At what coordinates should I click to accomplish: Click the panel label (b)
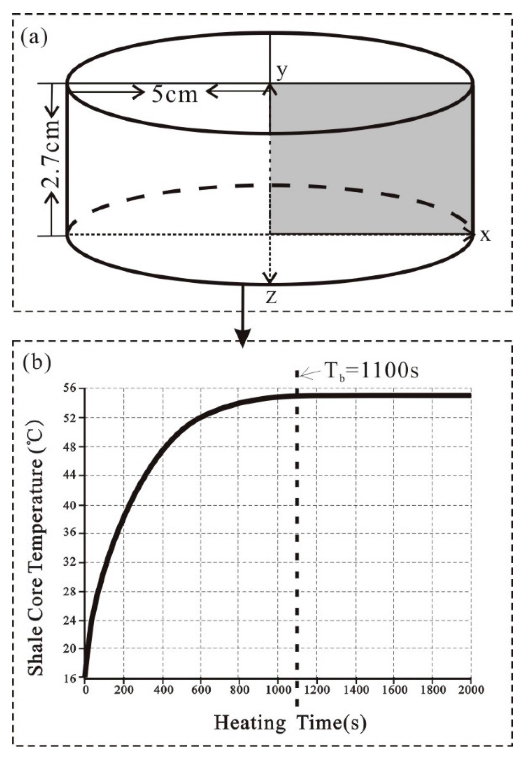(37, 364)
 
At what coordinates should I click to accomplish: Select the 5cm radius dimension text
(175, 95)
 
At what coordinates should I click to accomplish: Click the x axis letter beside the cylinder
(485, 235)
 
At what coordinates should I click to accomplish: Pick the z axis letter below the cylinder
(271, 297)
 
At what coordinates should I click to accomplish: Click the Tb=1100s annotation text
(372, 371)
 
